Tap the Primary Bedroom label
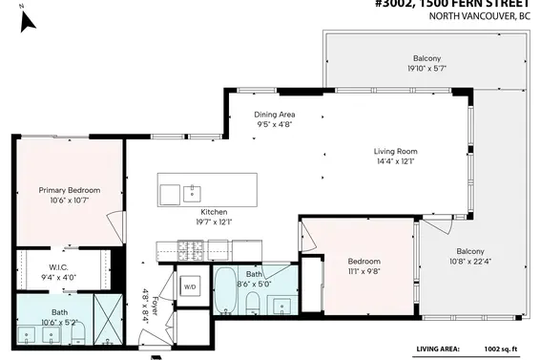click(x=70, y=190)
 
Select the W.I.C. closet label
click(x=57, y=267)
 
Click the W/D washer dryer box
click(x=190, y=286)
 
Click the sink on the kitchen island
click(x=192, y=189)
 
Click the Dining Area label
click(x=276, y=115)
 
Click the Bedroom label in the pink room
click(x=363, y=261)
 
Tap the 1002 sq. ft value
click(x=505, y=349)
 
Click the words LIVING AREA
click(x=441, y=349)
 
